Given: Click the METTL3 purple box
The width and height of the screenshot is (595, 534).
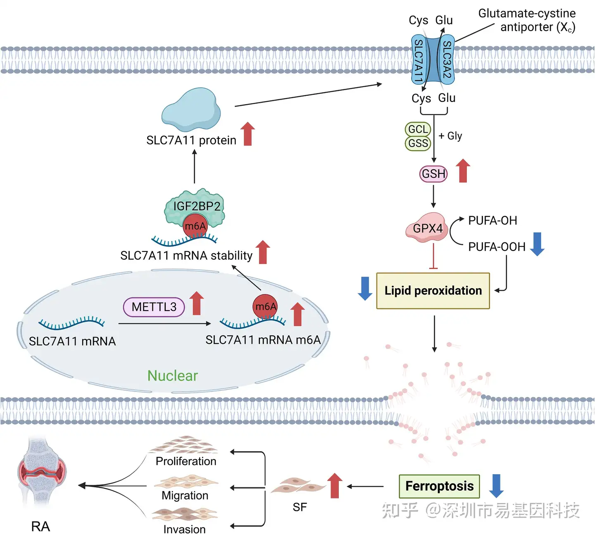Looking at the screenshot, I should (x=154, y=307).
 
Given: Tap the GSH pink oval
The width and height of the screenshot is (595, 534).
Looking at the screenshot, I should (x=433, y=173).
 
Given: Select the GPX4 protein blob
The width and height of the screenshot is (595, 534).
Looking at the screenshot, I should (x=427, y=228).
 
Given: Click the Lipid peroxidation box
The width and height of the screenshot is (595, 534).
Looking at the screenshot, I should (x=433, y=291).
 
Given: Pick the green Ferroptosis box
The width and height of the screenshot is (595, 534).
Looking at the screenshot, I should (x=439, y=486).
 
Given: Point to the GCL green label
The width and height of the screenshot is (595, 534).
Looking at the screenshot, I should (x=418, y=129).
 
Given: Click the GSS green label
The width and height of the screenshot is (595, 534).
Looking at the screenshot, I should (x=418, y=143).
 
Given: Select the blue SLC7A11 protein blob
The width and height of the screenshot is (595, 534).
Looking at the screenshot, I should (x=191, y=110).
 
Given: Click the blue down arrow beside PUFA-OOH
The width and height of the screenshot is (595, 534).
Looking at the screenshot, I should (x=537, y=244).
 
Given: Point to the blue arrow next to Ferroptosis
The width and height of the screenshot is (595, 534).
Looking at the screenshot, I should (x=496, y=486).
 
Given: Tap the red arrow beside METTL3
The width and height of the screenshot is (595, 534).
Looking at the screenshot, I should (x=197, y=303).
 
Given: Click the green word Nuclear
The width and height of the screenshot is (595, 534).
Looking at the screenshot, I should (x=172, y=375).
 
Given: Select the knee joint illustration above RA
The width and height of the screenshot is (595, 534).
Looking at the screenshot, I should (x=41, y=471).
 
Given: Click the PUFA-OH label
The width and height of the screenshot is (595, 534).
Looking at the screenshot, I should (x=493, y=221).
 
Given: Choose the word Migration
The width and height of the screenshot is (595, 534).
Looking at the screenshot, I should (x=185, y=495).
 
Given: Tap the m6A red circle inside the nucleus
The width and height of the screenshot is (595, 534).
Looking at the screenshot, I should (x=265, y=306).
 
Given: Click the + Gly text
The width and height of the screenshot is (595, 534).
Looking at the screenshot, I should (x=450, y=136).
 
